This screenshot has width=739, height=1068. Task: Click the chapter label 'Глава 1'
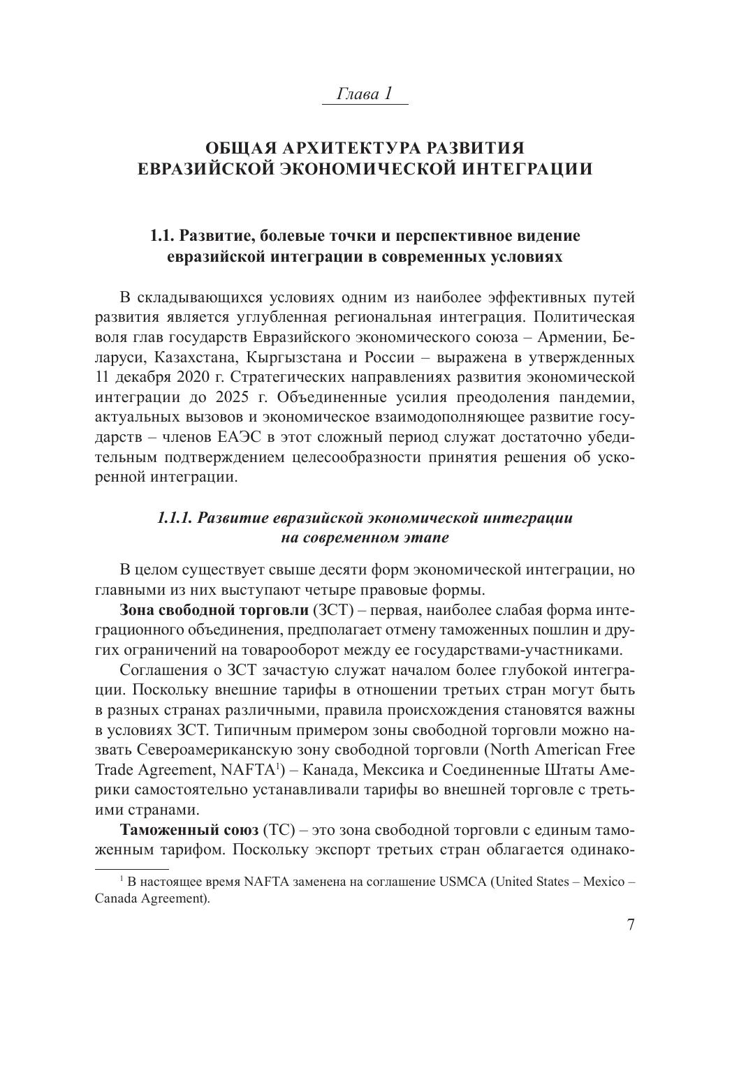pos(365,94)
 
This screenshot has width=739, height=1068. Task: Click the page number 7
pos(631,926)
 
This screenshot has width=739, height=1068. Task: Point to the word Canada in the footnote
pos(115,899)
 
